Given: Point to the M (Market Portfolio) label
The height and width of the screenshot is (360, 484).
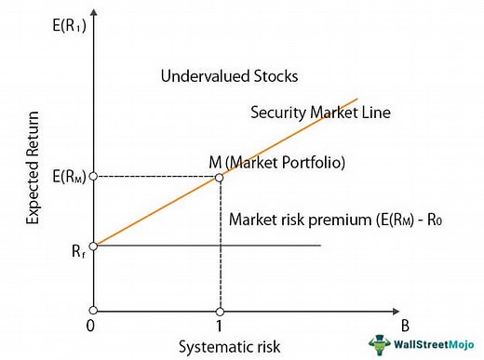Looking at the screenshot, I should [x=277, y=162].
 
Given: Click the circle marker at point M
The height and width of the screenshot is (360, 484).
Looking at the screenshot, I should [x=219, y=177].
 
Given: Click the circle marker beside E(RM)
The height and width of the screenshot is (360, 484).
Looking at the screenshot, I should [x=93, y=177].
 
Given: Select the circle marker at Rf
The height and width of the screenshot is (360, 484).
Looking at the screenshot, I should [x=93, y=246].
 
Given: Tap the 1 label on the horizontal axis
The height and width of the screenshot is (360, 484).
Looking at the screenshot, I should [x=220, y=327].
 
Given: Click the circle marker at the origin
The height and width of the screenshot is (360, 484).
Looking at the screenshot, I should [x=93, y=310].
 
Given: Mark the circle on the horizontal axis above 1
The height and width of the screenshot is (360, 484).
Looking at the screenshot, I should [x=220, y=310].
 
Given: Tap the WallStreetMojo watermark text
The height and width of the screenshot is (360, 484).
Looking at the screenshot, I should [x=433, y=343].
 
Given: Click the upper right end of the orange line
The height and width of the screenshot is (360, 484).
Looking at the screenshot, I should [x=357, y=98].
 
